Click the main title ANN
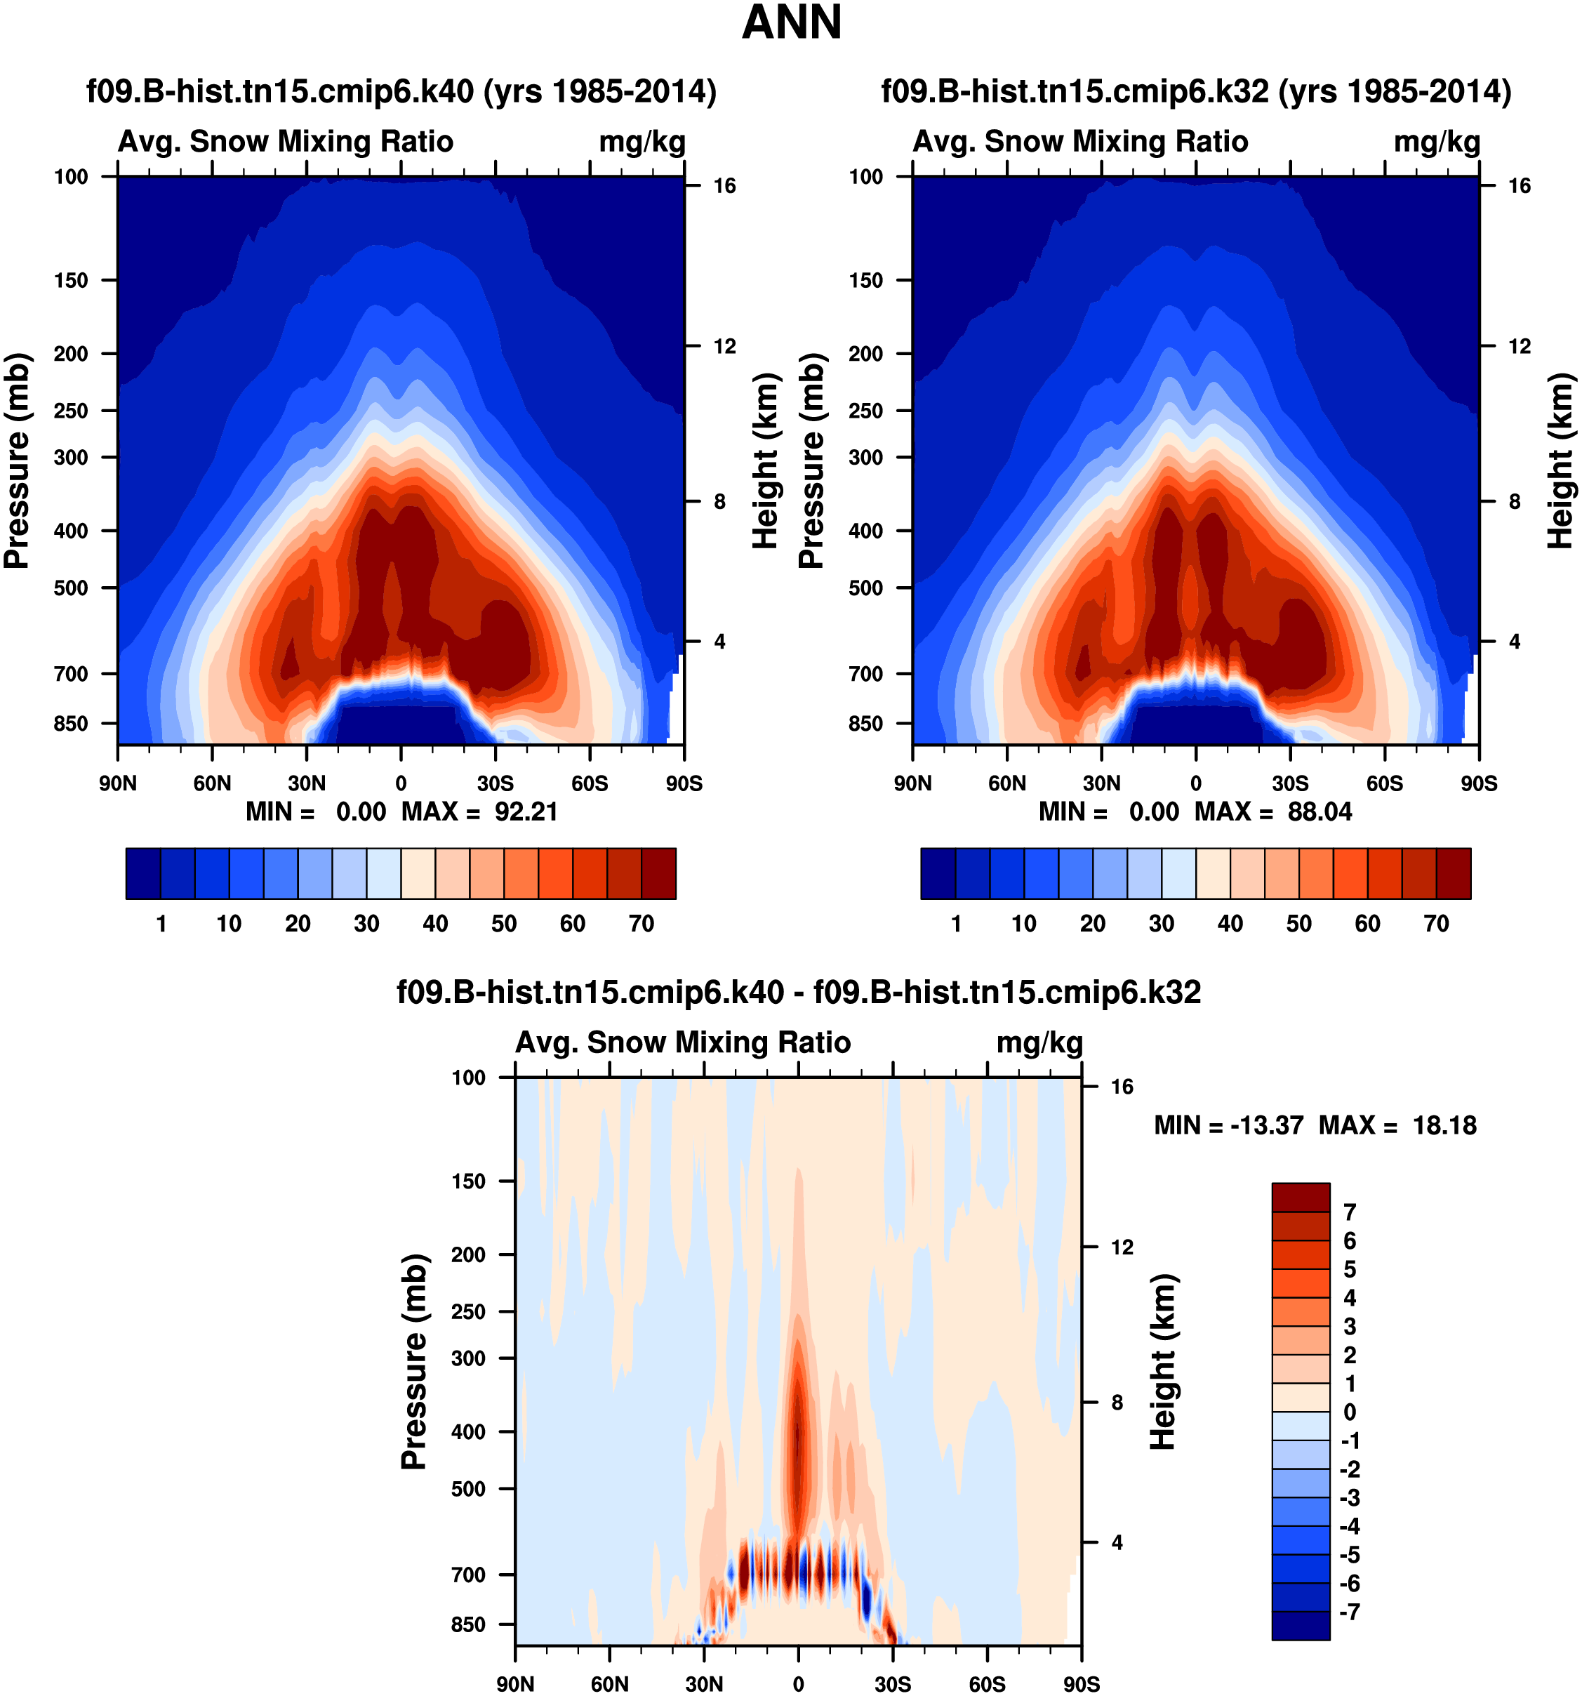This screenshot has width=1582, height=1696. tap(792, 23)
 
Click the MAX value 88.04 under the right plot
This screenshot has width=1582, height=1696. tap(1320, 811)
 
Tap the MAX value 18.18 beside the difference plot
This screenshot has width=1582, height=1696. tap(1444, 1125)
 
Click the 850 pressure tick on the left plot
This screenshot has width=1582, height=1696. tap(71, 724)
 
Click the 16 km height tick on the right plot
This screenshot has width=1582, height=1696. tap(1519, 186)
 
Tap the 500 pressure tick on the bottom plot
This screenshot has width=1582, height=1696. tap(468, 1488)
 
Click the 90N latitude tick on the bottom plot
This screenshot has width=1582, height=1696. tap(515, 1684)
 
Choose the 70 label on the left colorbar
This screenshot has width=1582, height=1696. tap(641, 923)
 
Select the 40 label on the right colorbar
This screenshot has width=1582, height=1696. tap(1230, 923)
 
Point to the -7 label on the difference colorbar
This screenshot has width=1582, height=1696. tap(1349, 1612)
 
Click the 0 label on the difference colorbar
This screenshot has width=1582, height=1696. tap(1349, 1412)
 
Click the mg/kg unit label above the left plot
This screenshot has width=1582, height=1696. tap(642, 142)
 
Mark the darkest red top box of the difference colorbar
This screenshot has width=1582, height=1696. tap(1300, 1197)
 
